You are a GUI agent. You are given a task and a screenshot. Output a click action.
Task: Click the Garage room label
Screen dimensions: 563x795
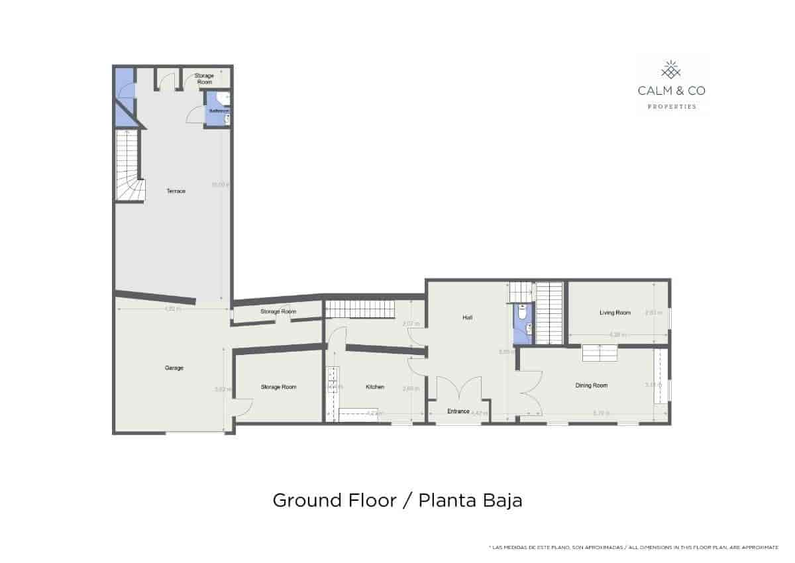pyautogui.click(x=174, y=368)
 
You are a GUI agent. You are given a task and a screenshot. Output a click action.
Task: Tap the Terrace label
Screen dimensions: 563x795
pyautogui.click(x=176, y=191)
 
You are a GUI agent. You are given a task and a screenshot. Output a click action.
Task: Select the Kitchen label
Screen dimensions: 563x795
pyautogui.click(x=375, y=387)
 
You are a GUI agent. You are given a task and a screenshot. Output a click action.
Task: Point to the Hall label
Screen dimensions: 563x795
pyautogui.click(x=467, y=317)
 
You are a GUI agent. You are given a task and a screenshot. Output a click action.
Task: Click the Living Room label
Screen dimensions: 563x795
pyautogui.click(x=615, y=313)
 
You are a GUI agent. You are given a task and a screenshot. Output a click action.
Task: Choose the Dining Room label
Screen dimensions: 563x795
pyautogui.click(x=591, y=385)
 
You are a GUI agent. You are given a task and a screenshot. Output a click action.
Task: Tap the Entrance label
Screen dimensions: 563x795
pyautogui.click(x=458, y=411)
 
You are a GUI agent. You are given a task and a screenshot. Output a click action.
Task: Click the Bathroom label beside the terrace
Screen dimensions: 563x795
pyautogui.click(x=218, y=111)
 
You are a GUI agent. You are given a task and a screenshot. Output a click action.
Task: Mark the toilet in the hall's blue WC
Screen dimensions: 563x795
pyautogui.click(x=523, y=329)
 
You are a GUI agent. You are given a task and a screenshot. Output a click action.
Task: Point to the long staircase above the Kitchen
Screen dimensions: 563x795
pyautogui.click(x=362, y=309)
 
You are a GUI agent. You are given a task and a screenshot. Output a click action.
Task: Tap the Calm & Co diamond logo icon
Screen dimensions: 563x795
pyautogui.click(x=672, y=69)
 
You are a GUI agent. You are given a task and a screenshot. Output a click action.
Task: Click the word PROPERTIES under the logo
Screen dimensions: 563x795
pyautogui.click(x=672, y=107)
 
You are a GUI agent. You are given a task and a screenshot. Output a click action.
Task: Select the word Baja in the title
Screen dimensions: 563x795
pyautogui.click(x=503, y=500)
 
